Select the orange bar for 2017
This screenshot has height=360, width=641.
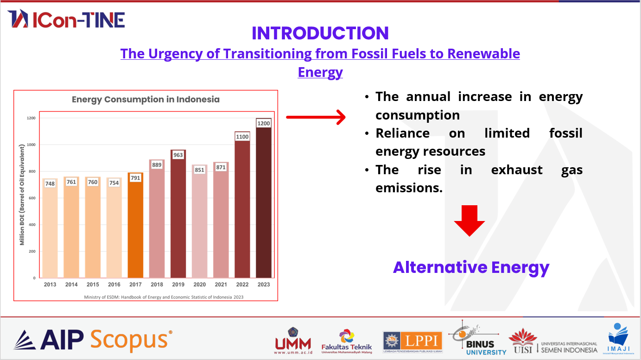[x=135, y=227]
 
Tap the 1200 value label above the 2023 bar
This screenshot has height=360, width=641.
[x=263, y=124]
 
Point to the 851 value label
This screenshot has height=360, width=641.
[x=199, y=170]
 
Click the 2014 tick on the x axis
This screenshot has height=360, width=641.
[x=71, y=284]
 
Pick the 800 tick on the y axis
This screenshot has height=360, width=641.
[x=31, y=171]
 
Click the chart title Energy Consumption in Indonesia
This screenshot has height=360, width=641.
[x=146, y=100]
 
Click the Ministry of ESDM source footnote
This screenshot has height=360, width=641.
[x=164, y=297]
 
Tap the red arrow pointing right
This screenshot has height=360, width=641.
[x=316, y=117]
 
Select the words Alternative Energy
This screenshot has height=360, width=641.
[x=471, y=267]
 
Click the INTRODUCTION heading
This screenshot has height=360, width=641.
[x=320, y=33]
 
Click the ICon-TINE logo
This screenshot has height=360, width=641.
[x=66, y=19]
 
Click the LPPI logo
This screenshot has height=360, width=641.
[x=413, y=342]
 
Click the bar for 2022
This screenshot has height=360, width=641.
[x=242, y=208]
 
